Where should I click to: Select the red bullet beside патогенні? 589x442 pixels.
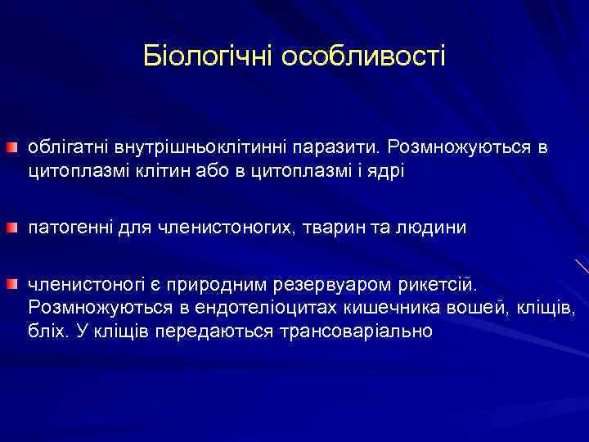pos(12,227)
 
